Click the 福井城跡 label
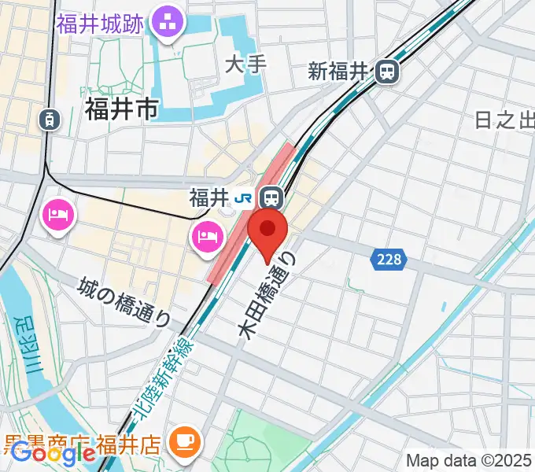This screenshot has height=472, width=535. tap(99, 24)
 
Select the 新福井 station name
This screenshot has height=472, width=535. tap(338, 72)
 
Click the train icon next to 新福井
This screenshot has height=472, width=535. tap(387, 72)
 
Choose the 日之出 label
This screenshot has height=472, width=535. tap(504, 120)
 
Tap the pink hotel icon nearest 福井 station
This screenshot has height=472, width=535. tap(206, 235)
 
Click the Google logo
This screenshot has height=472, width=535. tap(53, 452)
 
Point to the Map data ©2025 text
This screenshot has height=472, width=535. tap(469, 460)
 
